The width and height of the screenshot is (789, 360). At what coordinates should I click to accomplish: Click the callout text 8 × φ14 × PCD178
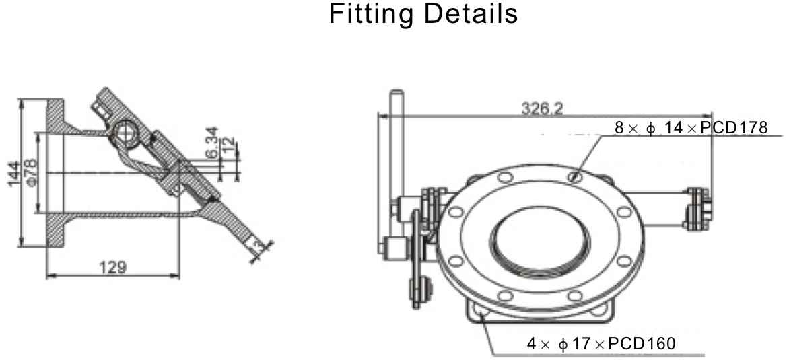click(x=691, y=128)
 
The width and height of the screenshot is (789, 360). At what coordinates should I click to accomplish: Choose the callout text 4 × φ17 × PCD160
click(x=601, y=344)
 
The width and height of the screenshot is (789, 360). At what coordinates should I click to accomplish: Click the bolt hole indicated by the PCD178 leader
click(x=574, y=177)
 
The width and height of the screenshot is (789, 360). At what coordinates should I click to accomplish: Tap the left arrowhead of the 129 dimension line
click(x=48, y=275)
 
